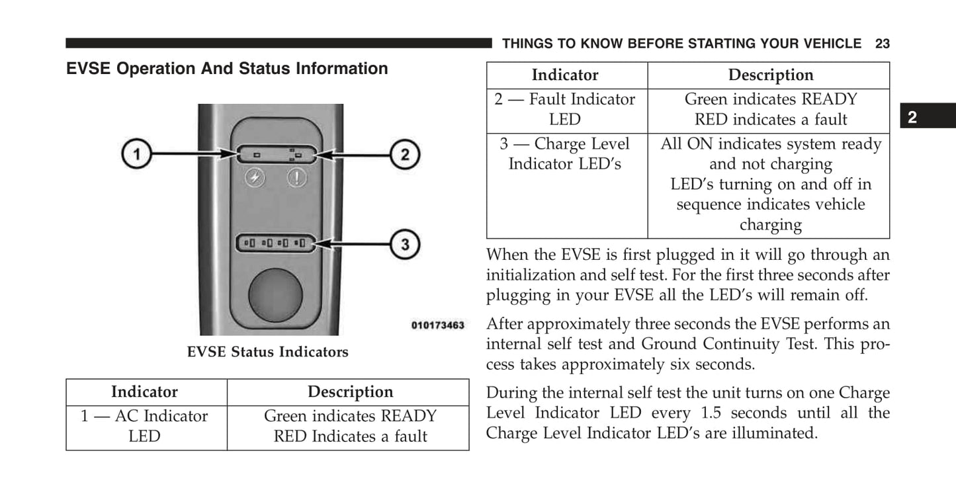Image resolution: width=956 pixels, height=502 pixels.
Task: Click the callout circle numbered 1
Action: (136, 155)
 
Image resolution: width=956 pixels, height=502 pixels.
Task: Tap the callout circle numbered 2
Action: (405, 155)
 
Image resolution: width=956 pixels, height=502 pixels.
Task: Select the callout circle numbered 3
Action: (405, 245)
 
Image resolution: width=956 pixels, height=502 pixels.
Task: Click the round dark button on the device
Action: (275, 296)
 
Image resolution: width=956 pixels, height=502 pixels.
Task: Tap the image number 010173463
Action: (437, 325)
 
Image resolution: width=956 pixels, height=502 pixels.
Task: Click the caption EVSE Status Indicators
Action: (267, 352)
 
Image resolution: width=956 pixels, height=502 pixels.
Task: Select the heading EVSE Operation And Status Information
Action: (227, 69)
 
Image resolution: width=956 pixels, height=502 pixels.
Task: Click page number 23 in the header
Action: (882, 44)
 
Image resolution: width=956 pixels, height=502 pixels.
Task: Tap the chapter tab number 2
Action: (912, 118)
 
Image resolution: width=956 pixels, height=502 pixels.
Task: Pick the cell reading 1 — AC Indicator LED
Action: (144, 426)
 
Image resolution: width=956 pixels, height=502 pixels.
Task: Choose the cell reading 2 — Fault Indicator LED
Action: (565, 109)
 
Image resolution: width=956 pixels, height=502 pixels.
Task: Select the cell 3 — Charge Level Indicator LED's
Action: (565, 154)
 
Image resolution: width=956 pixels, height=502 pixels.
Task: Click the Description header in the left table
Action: (350, 392)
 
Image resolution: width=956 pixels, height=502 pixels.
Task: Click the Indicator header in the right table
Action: (565, 75)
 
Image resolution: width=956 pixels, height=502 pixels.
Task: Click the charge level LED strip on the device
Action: (275, 243)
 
